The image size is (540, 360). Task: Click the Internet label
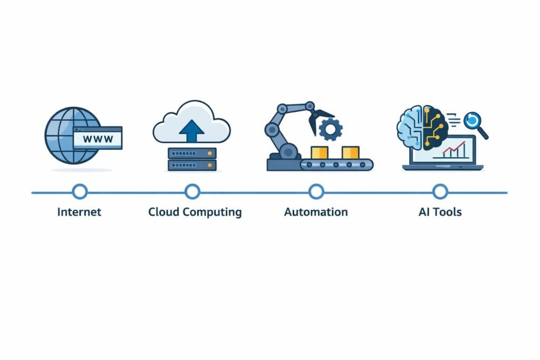(x=79, y=212)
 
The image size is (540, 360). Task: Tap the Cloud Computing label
(x=195, y=212)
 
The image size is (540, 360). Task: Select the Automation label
(x=316, y=212)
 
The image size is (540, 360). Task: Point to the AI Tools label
(x=440, y=212)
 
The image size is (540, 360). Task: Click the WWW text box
(x=98, y=138)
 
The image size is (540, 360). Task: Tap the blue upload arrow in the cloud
(x=191, y=131)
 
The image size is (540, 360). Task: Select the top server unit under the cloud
(x=192, y=153)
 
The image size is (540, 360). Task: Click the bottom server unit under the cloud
(x=192, y=165)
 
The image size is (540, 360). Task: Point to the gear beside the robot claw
(x=331, y=129)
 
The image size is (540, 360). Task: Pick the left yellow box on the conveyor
(x=319, y=152)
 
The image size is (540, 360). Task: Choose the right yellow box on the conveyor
(x=351, y=152)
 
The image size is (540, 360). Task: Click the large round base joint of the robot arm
(x=288, y=151)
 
